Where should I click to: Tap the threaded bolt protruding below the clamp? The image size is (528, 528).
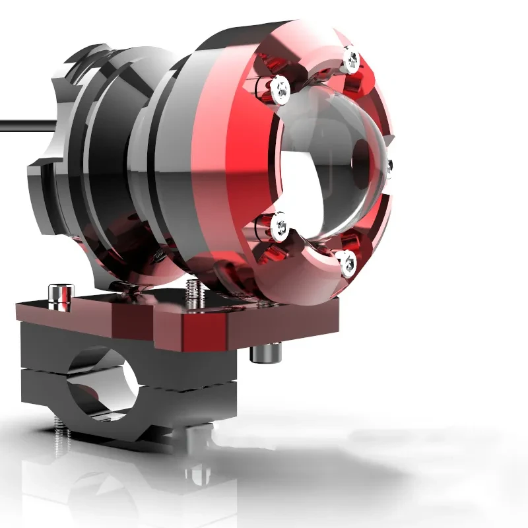60,439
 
